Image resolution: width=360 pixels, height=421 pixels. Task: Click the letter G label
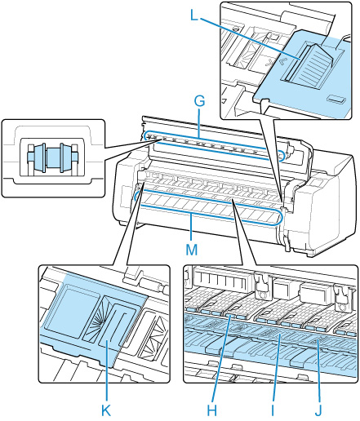click(x=199, y=102)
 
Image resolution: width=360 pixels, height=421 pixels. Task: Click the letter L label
click(x=193, y=16)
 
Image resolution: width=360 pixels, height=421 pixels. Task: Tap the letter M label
click(x=192, y=250)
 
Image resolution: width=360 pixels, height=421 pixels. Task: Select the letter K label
click(x=106, y=410)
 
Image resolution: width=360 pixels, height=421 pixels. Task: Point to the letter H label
click(x=211, y=410)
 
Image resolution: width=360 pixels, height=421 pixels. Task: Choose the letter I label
click(x=272, y=410)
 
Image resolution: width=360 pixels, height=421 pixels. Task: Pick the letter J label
click(x=318, y=410)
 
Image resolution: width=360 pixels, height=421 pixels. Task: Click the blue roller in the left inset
click(x=52, y=157)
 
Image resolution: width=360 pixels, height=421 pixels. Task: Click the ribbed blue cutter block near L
click(x=313, y=66)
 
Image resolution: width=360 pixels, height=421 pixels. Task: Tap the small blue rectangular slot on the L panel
click(x=336, y=99)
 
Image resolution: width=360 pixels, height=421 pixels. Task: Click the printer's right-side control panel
click(x=317, y=185)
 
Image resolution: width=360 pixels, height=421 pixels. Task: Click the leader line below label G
click(x=200, y=123)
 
